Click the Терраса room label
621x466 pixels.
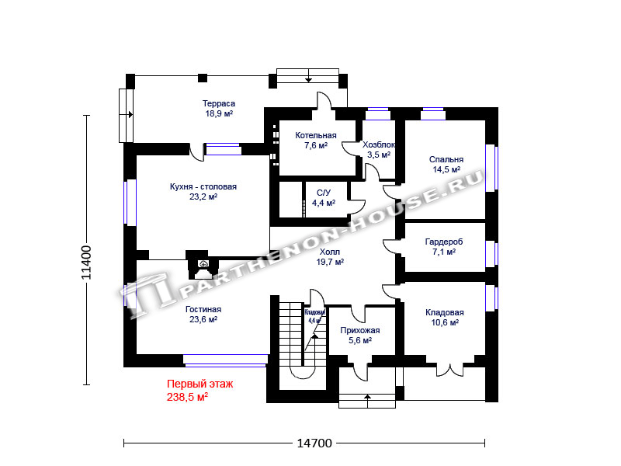[x=219, y=104]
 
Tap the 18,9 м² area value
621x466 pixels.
[x=219, y=113]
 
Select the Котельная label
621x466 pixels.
[x=316, y=135]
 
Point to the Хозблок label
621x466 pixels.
[x=379, y=144]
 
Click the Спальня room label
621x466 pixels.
[x=446, y=159]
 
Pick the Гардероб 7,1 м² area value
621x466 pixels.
[x=444, y=252]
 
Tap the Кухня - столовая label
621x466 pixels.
[x=203, y=186]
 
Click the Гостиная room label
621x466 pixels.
[x=203, y=309]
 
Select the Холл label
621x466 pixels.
[x=329, y=252]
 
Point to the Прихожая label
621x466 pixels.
[x=360, y=331]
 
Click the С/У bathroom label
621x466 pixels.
[x=323, y=193]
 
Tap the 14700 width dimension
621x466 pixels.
[x=314, y=443]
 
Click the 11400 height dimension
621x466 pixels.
[x=86, y=263]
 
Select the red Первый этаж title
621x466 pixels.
[x=200, y=384]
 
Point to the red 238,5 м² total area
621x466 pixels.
[x=187, y=397]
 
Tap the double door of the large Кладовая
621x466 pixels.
[x=449, y=368]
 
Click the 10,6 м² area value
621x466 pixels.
[x=445, y=322]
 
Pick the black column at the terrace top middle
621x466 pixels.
[x=203, y=78]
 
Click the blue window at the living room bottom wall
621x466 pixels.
[x=225, y=360]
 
